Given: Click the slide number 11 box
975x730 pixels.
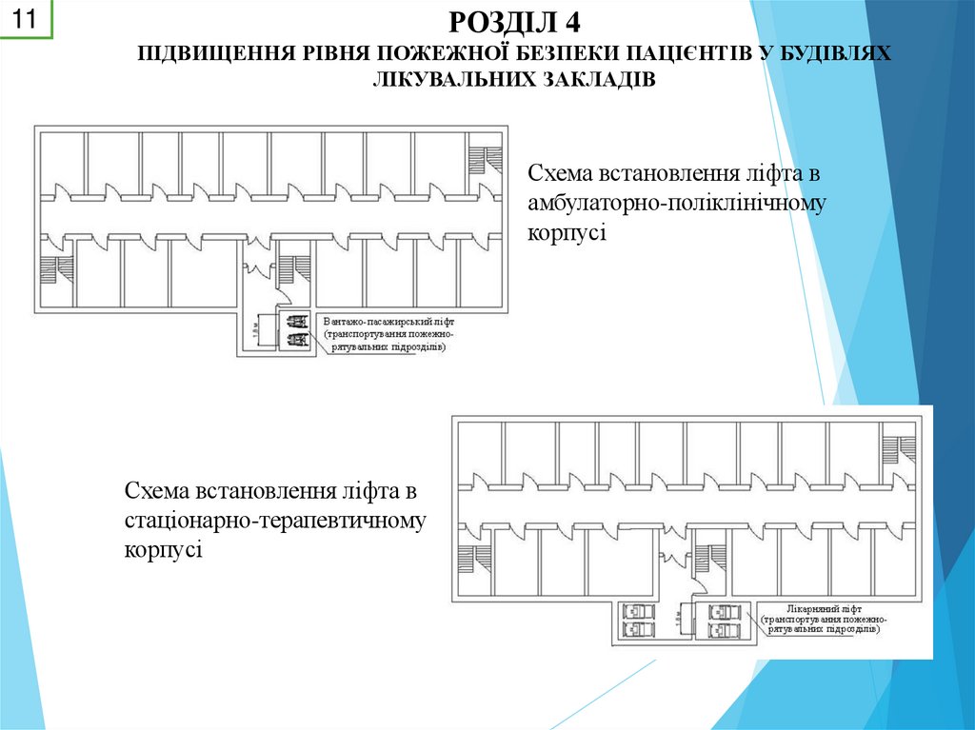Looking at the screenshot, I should tap(26, 19).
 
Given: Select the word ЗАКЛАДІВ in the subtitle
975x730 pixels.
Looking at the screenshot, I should tap(599, 78).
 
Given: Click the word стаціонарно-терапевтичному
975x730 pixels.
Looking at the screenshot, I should tap(274, 521).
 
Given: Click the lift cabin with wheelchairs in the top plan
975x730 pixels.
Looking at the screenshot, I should tap(294, 329).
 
